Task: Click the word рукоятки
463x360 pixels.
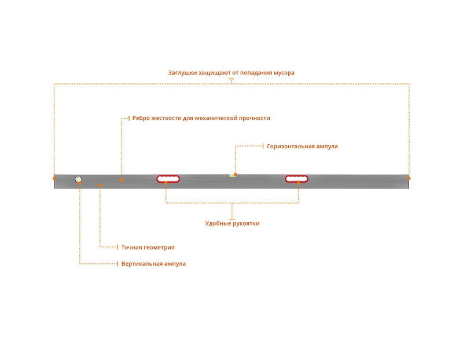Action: click(247, 223)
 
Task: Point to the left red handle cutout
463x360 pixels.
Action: click(168, 179)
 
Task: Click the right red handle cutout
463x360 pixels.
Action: click(296, 179)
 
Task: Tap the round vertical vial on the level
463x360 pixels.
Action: click(78, 179)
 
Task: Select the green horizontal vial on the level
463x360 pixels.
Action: click(233, 176)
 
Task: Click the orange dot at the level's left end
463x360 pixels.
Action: click(54, 178)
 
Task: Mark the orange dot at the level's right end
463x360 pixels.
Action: click(409, 178)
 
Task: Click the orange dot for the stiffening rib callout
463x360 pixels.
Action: click(122, 179)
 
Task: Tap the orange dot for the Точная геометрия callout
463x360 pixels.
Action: click(100, 185)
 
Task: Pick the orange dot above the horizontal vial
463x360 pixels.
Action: click(236, 175)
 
